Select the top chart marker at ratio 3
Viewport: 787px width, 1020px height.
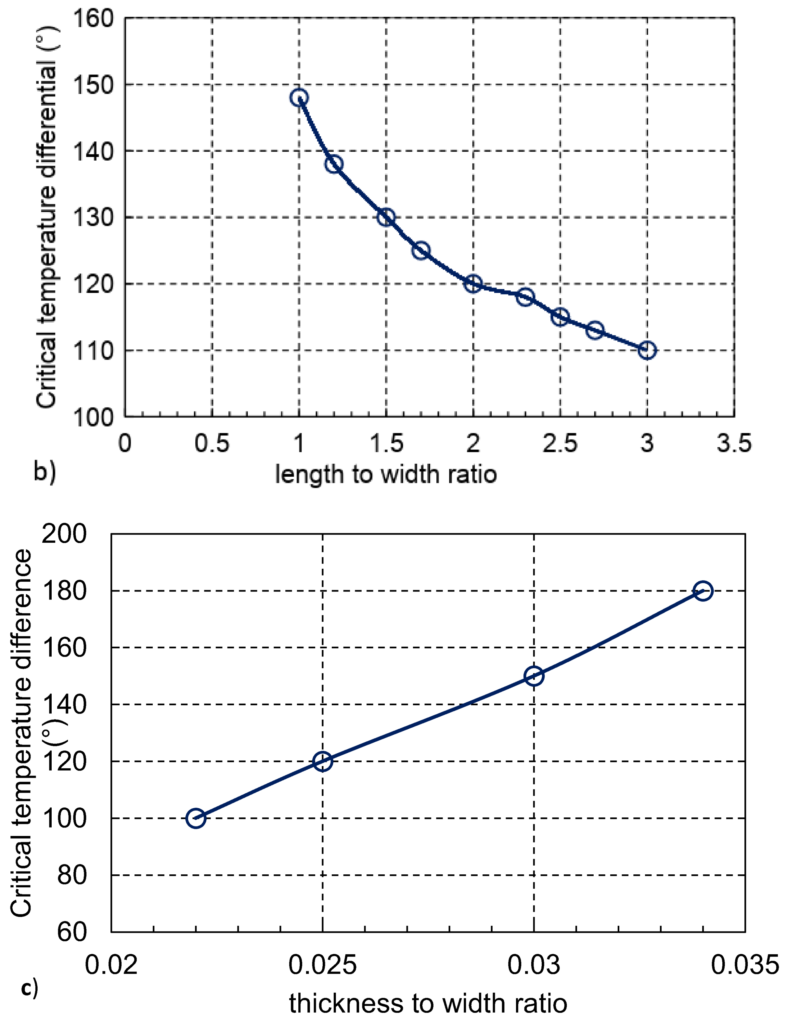pos(647,350)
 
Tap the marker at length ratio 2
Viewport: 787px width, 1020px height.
pos(473,283)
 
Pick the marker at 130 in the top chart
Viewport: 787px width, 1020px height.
pos(386,217)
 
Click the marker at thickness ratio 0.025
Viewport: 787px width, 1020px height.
pos(323,761)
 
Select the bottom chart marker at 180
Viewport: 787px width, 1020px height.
pos(703,591)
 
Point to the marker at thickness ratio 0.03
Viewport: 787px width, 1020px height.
pos(534,676)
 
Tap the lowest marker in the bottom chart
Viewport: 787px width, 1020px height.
pos(196,818)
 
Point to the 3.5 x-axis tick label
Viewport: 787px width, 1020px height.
pos(734,443)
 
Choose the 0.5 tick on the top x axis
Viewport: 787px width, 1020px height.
pos(212,443)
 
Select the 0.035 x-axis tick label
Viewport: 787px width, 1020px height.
pos(745,964)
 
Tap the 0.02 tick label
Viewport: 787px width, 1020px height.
pos(111,964)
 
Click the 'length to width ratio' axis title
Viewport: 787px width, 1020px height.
pos(386,474)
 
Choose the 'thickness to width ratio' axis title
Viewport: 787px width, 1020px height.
pos(428,1003)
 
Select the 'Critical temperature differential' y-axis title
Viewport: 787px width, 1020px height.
pos(47,217)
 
